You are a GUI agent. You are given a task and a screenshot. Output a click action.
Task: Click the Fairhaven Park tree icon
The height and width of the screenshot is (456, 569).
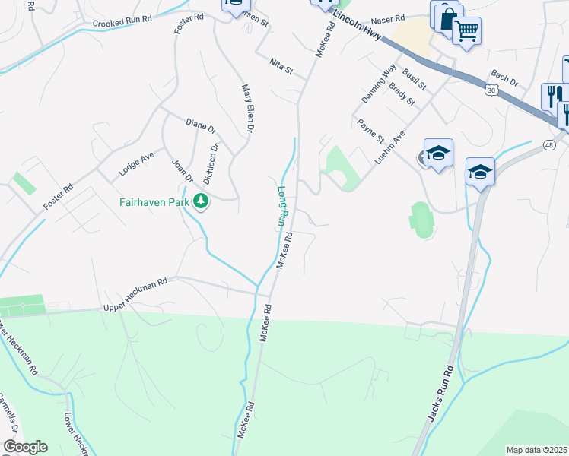202,202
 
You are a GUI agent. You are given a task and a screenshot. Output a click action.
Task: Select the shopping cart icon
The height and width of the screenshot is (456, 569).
466,31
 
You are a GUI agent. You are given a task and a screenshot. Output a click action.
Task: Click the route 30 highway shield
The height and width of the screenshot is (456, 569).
492,90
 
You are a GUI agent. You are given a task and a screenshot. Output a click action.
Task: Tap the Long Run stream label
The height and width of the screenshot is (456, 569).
281,206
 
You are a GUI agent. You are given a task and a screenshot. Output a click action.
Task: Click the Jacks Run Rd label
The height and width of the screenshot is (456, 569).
440,392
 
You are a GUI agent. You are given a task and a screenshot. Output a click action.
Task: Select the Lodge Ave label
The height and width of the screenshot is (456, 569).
137,164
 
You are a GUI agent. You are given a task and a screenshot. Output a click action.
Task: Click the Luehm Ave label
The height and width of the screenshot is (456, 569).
389,146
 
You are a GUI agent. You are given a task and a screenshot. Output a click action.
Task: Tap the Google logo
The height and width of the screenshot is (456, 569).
25,447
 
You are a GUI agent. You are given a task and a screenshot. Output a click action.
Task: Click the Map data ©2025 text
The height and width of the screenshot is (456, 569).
536,450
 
